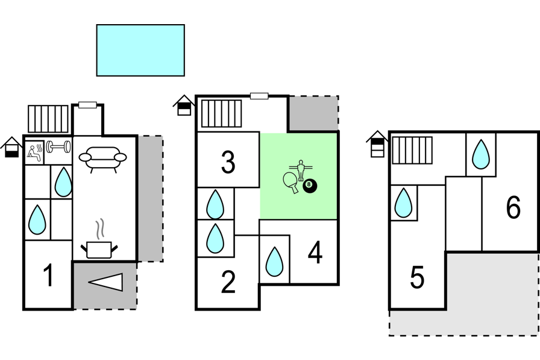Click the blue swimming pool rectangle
[x=140, y=50]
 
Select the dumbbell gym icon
[x=58, y=147]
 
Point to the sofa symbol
[x=102, y=158]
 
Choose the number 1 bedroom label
[x=49, y=276]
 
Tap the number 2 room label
[x=228, y=282]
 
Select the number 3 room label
[x=228, y=162]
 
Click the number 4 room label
[x=315, y=254]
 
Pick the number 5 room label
[x=417, y=278]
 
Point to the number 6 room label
[x=513, y=208]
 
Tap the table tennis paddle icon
[x=291, y=182]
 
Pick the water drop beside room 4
[x=274, y=262]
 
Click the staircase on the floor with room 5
[x=412, y=150]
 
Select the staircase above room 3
[x=221, y=113]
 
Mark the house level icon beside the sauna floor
[x=11, y=147]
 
